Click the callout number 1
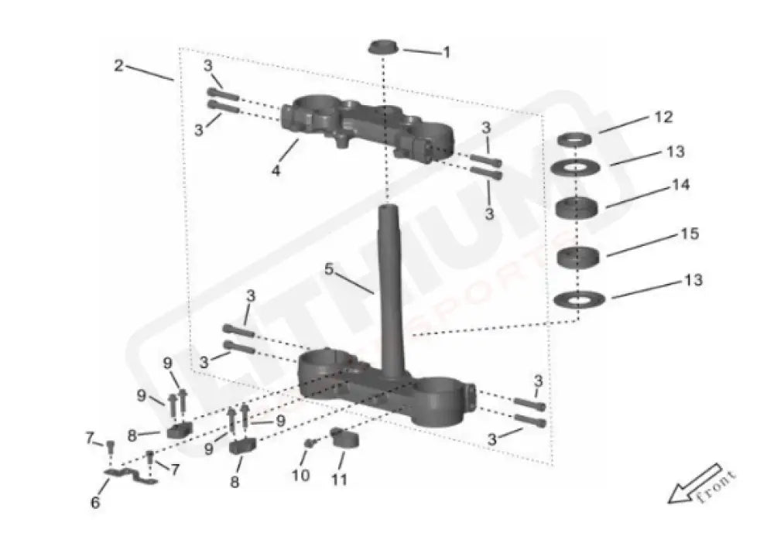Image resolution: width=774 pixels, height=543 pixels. [446, 53]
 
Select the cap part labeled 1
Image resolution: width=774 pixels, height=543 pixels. [382, 46]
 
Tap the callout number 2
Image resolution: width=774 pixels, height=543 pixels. [118, 66]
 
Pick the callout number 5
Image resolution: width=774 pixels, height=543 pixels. [329, 271]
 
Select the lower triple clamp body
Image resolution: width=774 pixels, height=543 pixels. [387, 387]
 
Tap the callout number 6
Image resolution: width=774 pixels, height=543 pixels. [95, 502]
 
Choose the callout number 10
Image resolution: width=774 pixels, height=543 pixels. [301, 473]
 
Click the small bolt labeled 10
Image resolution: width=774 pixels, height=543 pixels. [310, 443]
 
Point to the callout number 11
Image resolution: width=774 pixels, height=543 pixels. [339, 480]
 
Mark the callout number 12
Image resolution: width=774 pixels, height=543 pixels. [663, 118]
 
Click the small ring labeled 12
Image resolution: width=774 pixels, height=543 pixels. [575, 140]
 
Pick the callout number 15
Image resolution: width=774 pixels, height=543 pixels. [690, 234]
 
